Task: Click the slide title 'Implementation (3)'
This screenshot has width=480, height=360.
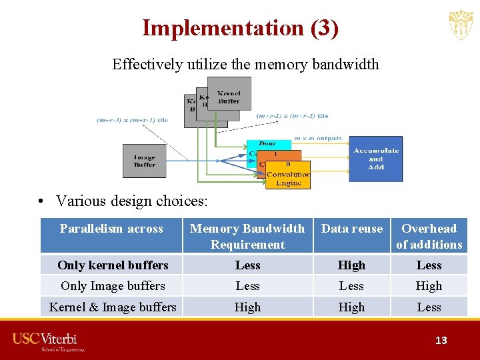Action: [x=240, y=28]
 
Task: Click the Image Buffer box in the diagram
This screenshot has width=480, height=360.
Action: [x=144, y=161]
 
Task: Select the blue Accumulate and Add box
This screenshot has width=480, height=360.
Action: [x=376, y=159]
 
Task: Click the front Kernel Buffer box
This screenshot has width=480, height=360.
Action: [x=229, y=93]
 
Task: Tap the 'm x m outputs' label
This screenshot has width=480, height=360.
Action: [x=318, y=139]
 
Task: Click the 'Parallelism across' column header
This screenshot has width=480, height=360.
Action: [x=111, y=229]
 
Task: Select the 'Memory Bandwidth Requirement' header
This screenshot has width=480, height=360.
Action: [x=247, y=236]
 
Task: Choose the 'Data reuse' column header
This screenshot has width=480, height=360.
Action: [x=352, y=229]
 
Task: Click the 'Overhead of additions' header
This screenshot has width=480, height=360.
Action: [x=429, y=236]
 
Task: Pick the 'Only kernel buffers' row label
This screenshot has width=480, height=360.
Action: [x=113, y=265]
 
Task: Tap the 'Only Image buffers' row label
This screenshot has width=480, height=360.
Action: [x=113, y=286]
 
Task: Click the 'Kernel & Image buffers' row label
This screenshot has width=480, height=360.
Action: [x=113, y=307]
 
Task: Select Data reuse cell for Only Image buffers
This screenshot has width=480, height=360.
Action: [x=351, y=286]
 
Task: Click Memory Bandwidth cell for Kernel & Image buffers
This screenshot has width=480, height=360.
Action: [x=247, y=307]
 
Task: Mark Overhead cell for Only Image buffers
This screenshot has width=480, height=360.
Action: [x=429, y=286]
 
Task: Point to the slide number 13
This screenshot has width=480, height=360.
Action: [x=441, y=340]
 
